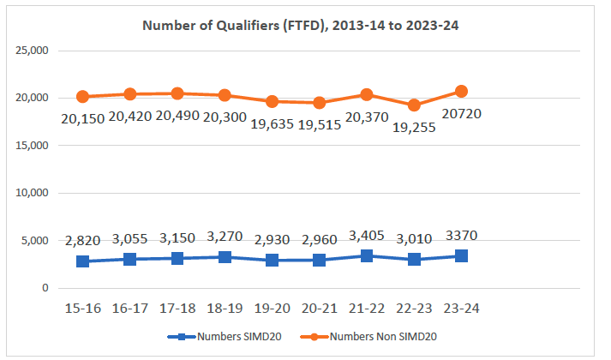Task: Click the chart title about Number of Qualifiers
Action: (306, 25)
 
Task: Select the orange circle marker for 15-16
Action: (82, 97)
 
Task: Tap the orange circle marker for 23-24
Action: (460, 91)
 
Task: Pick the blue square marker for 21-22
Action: (366, 255)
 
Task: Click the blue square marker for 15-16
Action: (82, 261)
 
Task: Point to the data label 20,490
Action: (177, 117)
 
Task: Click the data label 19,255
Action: (412, 127)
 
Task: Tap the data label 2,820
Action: (82, 241)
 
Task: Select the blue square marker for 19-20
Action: (271, 260)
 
